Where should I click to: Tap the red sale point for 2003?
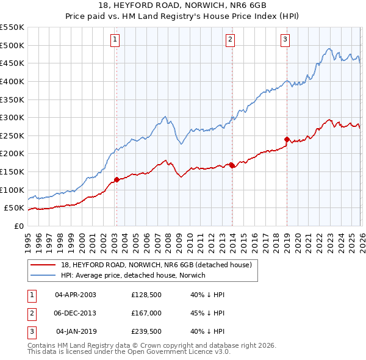pyautogui.click(x=117, y=179)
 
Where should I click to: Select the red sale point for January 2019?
pyautogui.click(x=287, y=139)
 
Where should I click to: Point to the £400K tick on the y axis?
pyautogui.click(x=13, y=81)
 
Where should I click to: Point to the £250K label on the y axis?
pyautogui.click(x=13, y=135)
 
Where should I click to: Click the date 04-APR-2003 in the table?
pyautogui.click(x=76, y=295)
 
